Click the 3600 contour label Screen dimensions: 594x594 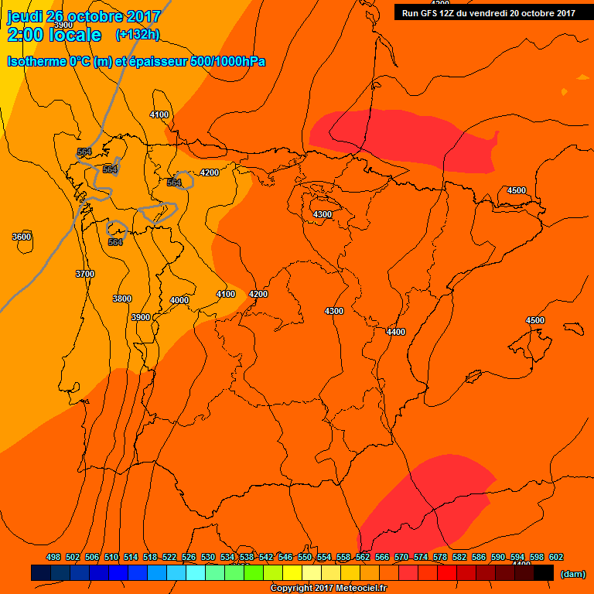tap(22, 237)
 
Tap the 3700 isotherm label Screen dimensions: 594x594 tap(84, 274)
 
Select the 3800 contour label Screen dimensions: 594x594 tap(121, 299)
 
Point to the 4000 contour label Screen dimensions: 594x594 tap(179, 300)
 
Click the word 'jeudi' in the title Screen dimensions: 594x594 tap(25, 16)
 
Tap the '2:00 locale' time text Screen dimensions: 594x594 tap(54, 35)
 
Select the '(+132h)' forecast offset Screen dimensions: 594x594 tap(137, 35)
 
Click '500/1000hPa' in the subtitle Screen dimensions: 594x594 tap(227, 61)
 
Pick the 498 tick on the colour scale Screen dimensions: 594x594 tap(53, 557)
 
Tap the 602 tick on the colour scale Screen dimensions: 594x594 tap(555, 557)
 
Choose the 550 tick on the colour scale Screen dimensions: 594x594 tap(305, 557)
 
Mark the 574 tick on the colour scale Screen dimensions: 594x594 tap(421, 557)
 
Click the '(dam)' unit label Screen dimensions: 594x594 tap(572, 573)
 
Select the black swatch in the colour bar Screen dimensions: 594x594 tap(544, 572)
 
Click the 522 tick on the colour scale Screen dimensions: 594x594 tap(169, 557)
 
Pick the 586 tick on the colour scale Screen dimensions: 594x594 tap(479, 557)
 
